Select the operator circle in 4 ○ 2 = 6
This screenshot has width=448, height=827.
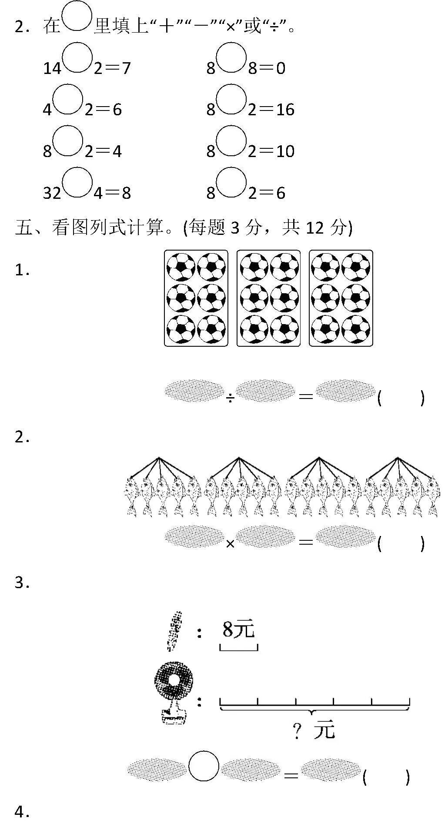pos(68,99)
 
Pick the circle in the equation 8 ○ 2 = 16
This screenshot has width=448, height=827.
pos(231,99)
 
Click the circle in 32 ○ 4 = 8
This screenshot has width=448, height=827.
pos(77,182)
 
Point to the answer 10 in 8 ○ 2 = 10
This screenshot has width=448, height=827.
pos(285,151)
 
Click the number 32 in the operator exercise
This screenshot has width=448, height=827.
pos(52,193)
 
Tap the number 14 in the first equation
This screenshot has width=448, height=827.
pos(52,68)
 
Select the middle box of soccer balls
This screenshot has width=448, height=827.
pos(268,298)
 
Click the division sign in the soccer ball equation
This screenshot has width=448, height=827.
pos(230,397)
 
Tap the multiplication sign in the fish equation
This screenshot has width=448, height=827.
pos(230,544)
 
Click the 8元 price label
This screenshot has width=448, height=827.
pos(238,629)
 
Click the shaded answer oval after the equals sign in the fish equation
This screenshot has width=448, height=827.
pos(346,536)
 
